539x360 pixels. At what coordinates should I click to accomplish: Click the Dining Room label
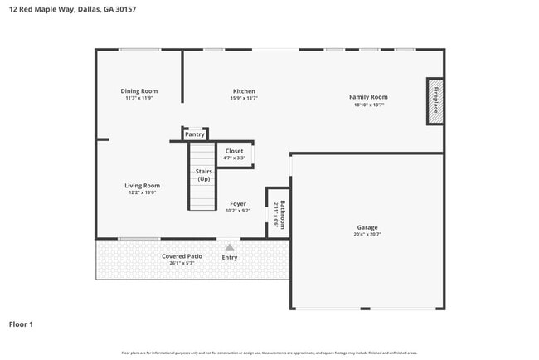click(x=139, y=91)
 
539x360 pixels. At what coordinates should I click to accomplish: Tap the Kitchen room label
click(x=244, y=91)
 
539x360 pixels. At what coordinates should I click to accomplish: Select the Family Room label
click(x=368, y=97)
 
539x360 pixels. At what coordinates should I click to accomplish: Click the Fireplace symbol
click(x=435, y=101)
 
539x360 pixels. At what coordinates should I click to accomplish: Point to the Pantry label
click(x=195, y=134)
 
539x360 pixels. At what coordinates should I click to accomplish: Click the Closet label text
click(x=235, y=151)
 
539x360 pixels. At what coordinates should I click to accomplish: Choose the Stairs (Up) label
click(x=203, y=175)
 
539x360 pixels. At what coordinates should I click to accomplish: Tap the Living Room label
click(x=143, y=186)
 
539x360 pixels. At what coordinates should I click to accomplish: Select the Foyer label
click(x=238, y=203)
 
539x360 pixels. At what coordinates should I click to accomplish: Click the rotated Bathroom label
click(x=282, y=216)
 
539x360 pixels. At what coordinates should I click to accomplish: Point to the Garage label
click(x=367, y=227)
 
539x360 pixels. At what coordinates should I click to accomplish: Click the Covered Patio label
click(x=182, y=256)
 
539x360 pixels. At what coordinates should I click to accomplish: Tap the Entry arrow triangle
click(x=230, y=246)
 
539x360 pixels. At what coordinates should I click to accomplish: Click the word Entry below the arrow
click(x=230, y=257)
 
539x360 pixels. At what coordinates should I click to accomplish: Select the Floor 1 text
click(x=21, y=324)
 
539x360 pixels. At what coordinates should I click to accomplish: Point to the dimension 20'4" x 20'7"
click(x=367, y=235)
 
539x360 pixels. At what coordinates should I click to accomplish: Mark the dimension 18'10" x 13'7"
click(x=368, y=105)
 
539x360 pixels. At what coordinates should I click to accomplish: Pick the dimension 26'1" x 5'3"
click(x=182, y=263)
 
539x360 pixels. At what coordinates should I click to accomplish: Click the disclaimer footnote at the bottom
click(x=269, y=353)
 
